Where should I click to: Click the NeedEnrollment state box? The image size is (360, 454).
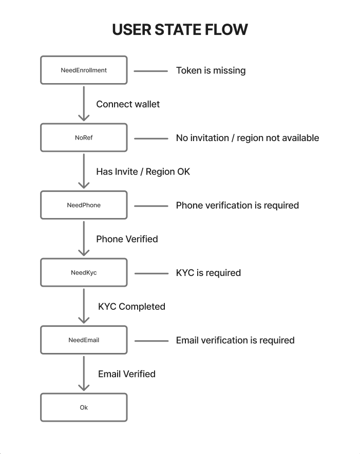pyautogui.click(x=84, y=70)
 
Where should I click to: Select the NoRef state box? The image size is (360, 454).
pyautogui.click(x=84, y=137)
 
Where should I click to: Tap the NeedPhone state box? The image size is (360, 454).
pyautogui.click(x=84, y=205)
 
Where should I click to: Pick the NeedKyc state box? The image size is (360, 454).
pyautogui.click(x=84, y=272)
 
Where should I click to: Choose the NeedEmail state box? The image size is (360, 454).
pyautogui.click(x=84, y=340)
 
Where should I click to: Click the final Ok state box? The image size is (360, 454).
pyautogui.click(x=84, y=407)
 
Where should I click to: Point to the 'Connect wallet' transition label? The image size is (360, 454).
pyautogui.click(x=128, y=104)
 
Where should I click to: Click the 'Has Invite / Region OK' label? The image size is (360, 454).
pyautogui.click(x=143, y=172)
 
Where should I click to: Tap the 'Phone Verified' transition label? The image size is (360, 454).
pyautogui.click(x=127, y=239)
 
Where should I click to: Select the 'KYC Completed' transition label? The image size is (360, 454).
pyautogui.click(x=131, y=307)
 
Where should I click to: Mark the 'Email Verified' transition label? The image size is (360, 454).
pyautogui.click(x=127, y=374)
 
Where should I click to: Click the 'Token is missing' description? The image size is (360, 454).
pyautogui.click(x=211, y=71)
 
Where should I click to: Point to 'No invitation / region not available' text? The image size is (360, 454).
pyautogui.click(x=248, y=138)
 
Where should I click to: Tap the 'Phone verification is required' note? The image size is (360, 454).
pyautogui.click(x=237, y=206)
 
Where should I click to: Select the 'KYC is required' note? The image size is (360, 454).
pyautogui.click(x=209, y=273)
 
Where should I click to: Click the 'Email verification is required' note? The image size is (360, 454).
pyautogui.click(x=235, y=341)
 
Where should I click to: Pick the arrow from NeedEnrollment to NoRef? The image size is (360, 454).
pyautogui.click(x=84, y=103)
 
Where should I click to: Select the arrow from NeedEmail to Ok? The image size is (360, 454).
pyautogui.click(x=84, y=373)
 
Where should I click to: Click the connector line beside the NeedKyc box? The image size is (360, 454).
pyautogui.click(x=151, y=273)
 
